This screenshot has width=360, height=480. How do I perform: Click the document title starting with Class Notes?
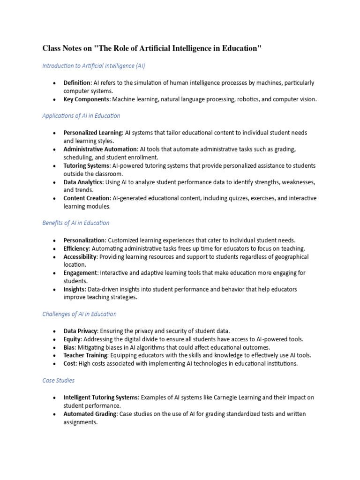click(152, 48)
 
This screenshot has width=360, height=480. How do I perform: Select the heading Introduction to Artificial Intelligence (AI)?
click(94, 66)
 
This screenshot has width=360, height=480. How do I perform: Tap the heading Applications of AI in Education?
click(81, 116)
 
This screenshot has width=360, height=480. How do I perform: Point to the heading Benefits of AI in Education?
click(75, 223)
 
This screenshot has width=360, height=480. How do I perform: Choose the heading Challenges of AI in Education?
click(79, 314)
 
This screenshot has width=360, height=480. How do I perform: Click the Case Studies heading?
click(58, 381)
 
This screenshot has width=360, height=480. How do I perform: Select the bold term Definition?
click(77, 83)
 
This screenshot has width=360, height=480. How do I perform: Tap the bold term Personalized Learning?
click(93, 133)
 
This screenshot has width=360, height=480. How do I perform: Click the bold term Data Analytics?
click(82, 182)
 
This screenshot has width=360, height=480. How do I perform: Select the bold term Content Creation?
click(86, 199)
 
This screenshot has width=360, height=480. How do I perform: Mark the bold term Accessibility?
click(80, 257)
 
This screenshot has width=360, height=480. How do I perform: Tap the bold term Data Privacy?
click(80, 331)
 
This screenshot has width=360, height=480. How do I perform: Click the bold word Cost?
click(70, 364)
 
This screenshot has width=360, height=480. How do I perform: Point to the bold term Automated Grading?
click(90, 414)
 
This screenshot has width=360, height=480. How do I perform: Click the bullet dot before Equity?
click(54, 339)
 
